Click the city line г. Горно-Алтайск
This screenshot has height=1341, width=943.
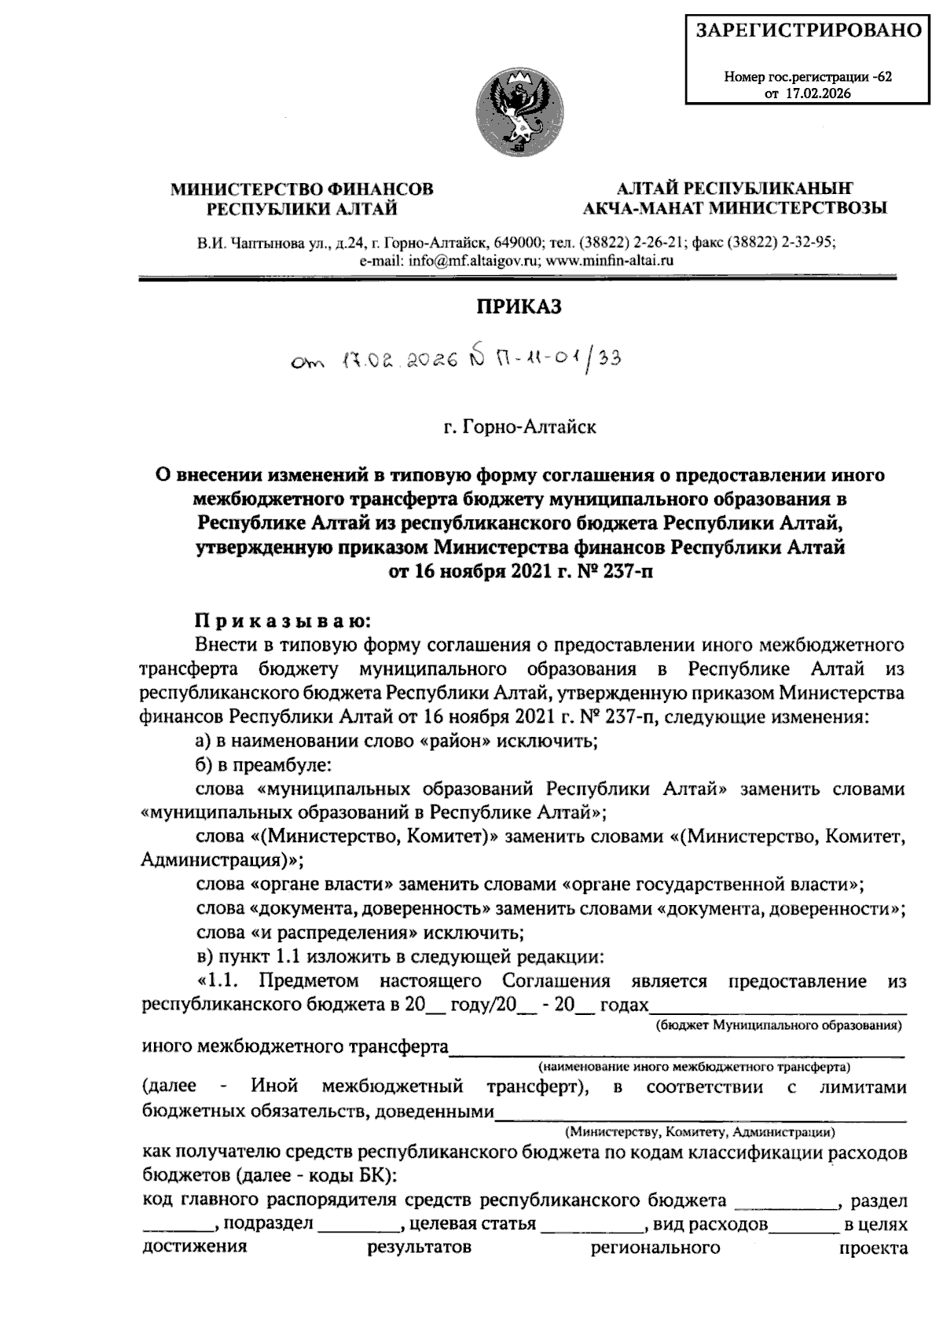coord(519,427)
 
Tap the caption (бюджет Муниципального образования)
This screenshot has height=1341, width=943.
coord(778,1026)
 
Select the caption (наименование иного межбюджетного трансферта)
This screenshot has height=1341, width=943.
coord(695,1068)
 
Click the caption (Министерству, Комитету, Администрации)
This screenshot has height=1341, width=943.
coord(699,1132)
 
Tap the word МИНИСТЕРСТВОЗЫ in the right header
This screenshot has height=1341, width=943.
coord(798,208)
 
